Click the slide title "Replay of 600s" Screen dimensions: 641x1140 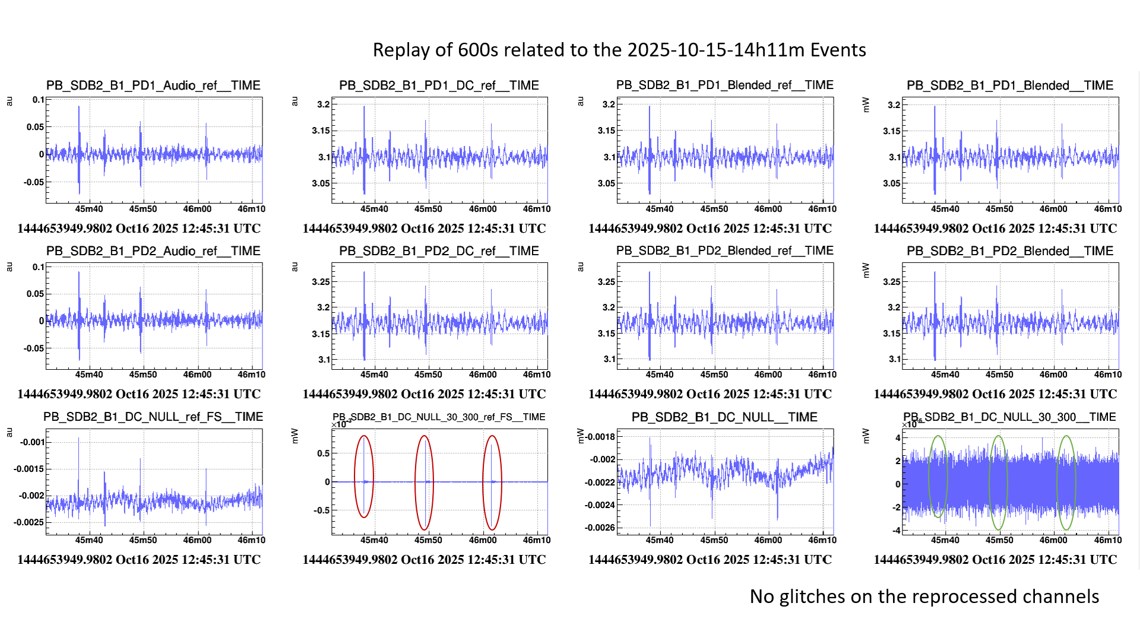[619, 50]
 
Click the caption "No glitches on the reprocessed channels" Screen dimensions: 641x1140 [924, 596]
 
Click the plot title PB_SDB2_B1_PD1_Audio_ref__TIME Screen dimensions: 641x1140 [153, 85]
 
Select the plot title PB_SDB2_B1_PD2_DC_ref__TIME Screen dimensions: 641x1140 [439, 251]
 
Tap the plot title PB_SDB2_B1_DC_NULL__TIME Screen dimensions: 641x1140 [724, 417]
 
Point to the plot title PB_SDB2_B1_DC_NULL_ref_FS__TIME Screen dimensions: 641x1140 [153, 417]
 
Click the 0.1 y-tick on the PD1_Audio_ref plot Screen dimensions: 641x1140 [38, 100]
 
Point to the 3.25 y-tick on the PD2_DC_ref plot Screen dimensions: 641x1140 [321, 282]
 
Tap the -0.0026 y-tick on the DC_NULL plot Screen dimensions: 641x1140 [600, 528]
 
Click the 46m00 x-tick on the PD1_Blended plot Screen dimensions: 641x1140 [1053, 209]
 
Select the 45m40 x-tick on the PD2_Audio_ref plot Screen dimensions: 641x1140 [89, 375]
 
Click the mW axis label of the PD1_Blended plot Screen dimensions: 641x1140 [866, 105]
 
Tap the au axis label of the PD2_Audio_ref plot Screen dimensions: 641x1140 [9, 267]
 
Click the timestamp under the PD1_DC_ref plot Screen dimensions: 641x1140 [424, 229]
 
